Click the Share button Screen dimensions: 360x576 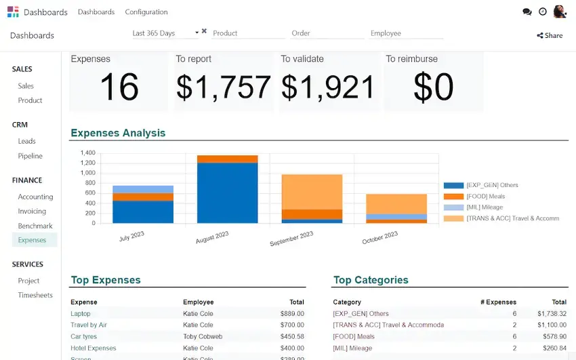[x=550, y=35]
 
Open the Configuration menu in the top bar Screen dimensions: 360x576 [x=146, y=12]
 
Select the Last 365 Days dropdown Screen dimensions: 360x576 [x=165, y=33]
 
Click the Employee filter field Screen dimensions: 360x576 [x=406, y=33]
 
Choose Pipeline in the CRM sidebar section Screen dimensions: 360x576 [x=30, y=156]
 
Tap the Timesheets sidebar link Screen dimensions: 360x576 [x=35, y=295]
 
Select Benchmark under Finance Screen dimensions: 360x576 [x=35, y=226]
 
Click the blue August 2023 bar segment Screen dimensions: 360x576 [x=228, y=193]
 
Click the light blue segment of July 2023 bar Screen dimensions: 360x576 [x=143, y=189]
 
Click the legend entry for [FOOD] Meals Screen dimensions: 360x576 [x=485, y=197]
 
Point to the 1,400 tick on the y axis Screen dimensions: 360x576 [x=88, y=153]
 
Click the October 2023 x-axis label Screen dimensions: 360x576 [x=379, y=238]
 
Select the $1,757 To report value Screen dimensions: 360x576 [x=224, y=87]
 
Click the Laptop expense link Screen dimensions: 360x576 [x=81, y=314]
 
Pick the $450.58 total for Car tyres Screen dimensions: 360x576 [x=292, y=336]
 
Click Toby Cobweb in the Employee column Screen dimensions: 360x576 [x=203, y=336]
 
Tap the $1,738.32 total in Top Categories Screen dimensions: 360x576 [x=552, y=314]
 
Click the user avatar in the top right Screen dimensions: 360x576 [x=559, y=12]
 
